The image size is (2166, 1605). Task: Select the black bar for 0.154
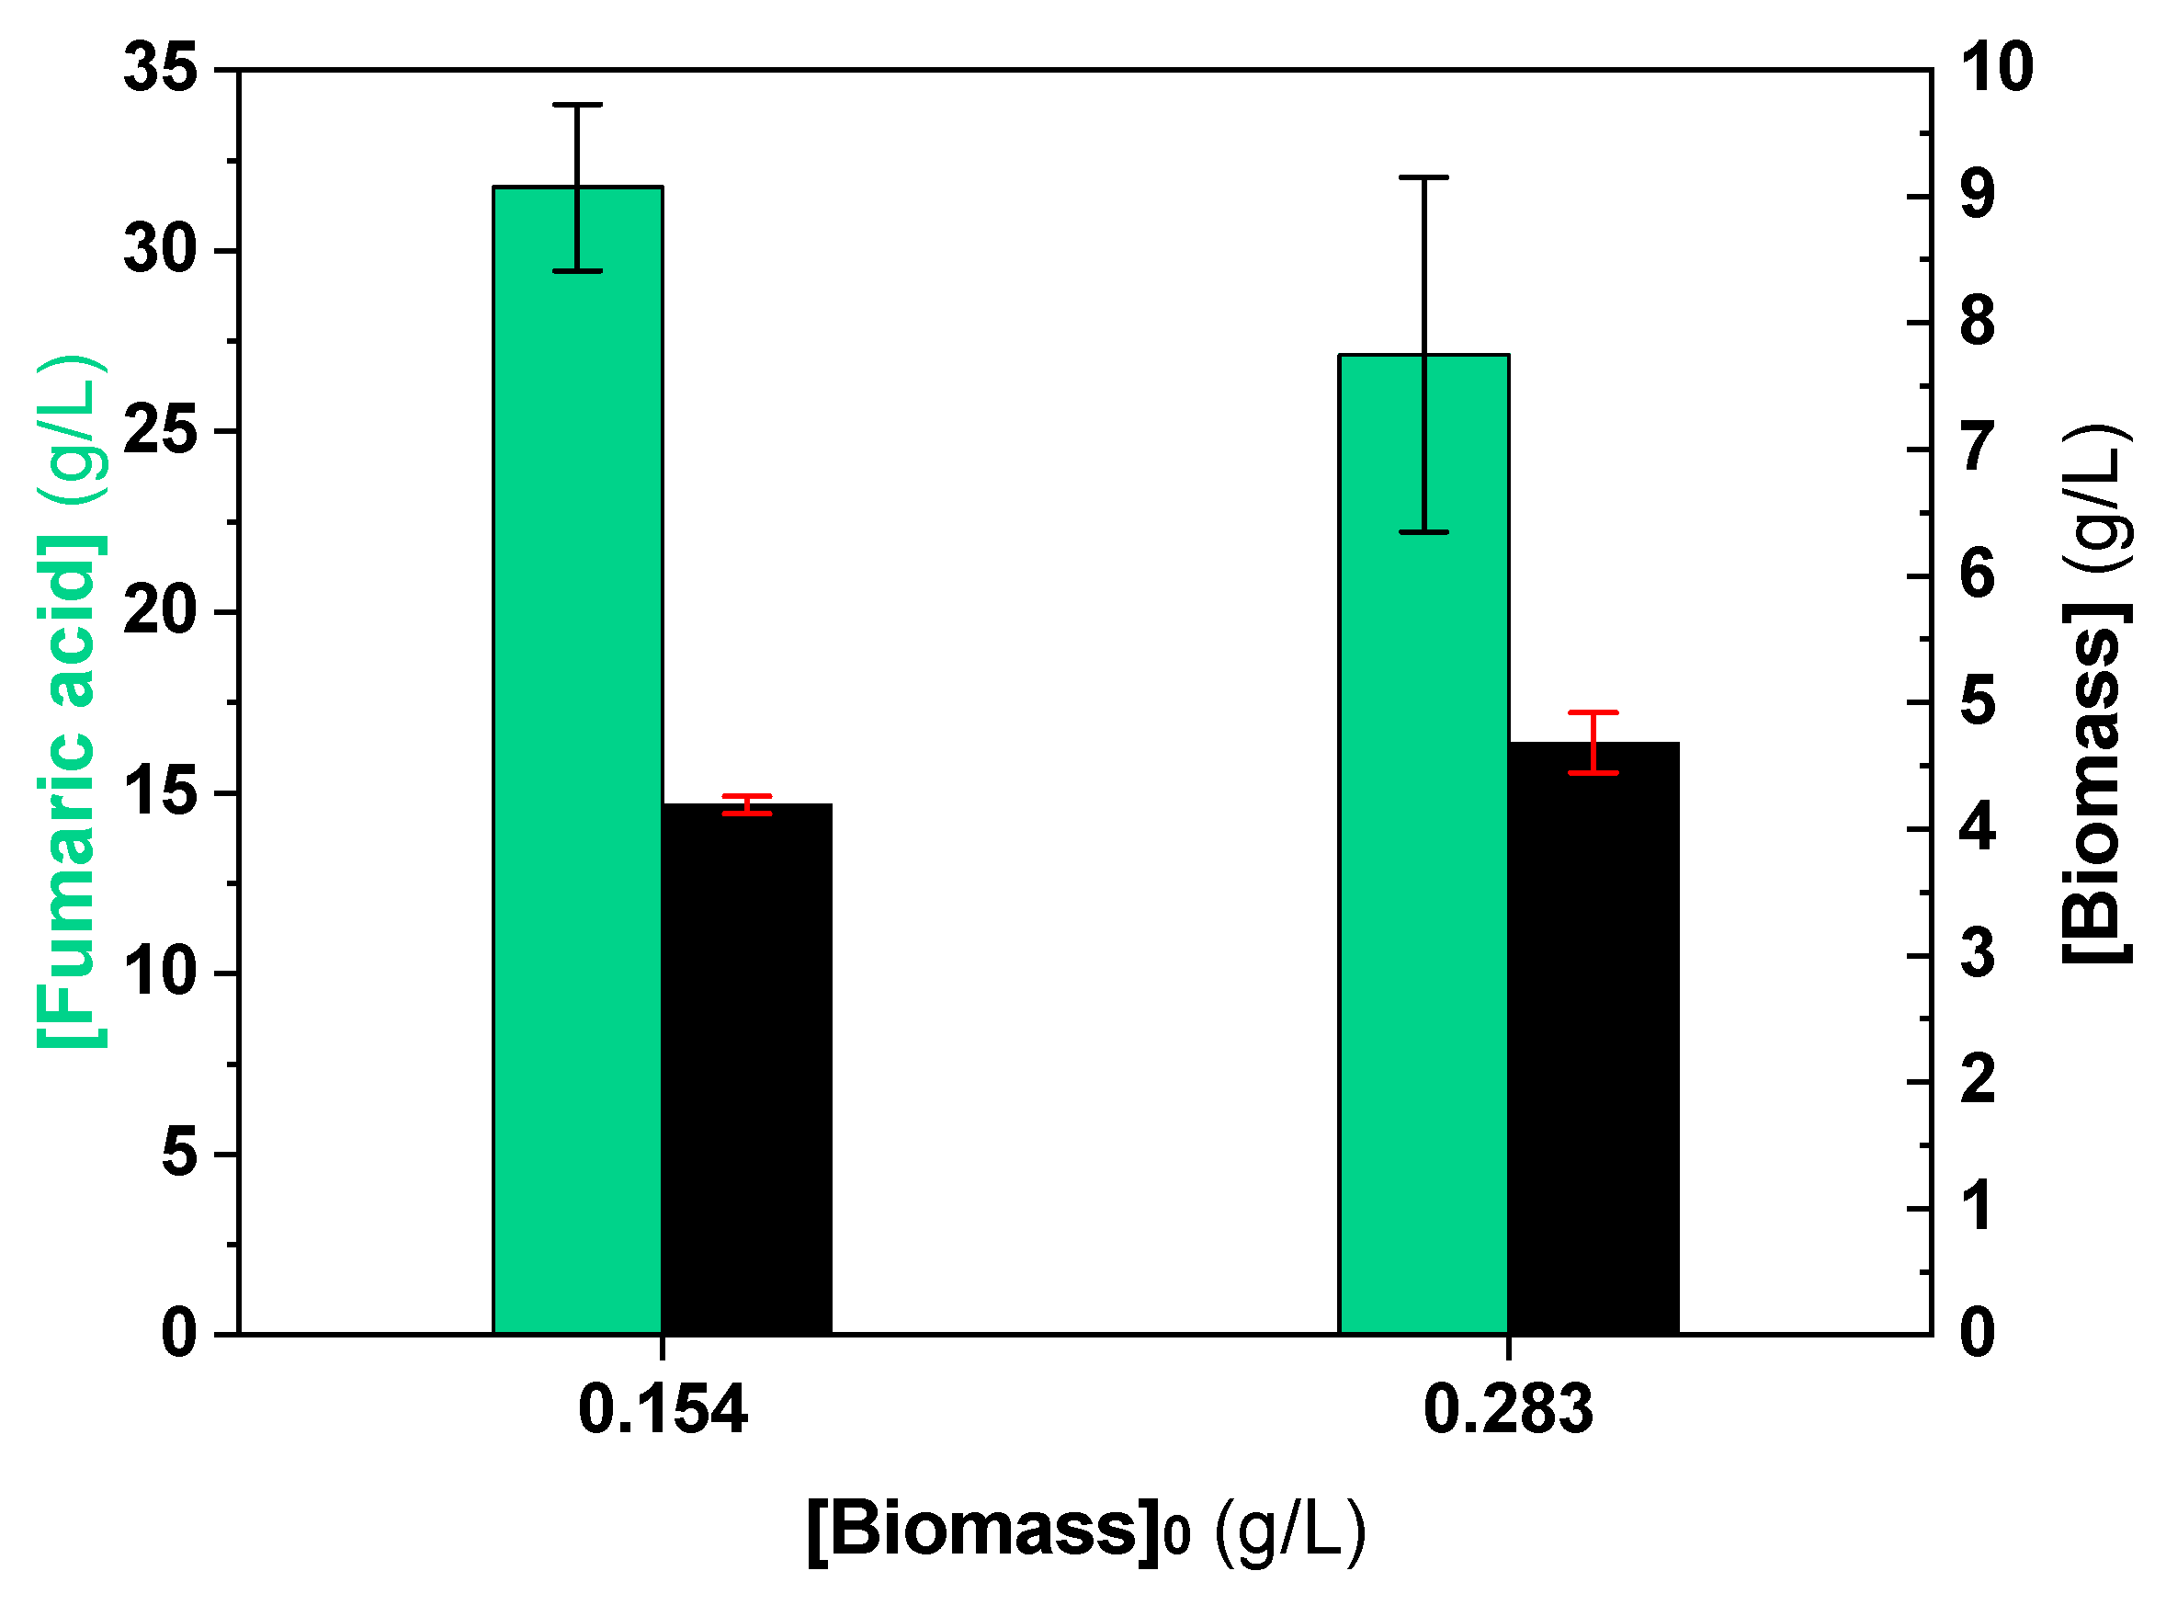pos(746,1068)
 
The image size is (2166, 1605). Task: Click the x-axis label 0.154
pos(663,1410)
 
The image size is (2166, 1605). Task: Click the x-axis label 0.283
pos(1507,1410)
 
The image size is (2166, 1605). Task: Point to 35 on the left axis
pos(160,69)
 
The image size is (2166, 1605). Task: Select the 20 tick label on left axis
pos(160,612)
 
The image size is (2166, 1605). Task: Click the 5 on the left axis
pos(180,1155)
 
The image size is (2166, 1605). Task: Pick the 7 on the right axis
pos(1978,449)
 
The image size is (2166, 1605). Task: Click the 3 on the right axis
pos(1978,955)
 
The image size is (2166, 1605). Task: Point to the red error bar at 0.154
pos(746,804)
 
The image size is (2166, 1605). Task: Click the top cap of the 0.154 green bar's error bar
pos(577,104)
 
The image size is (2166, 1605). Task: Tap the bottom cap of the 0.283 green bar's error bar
pos(1423,532)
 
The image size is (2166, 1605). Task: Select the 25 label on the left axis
pos(160,430)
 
